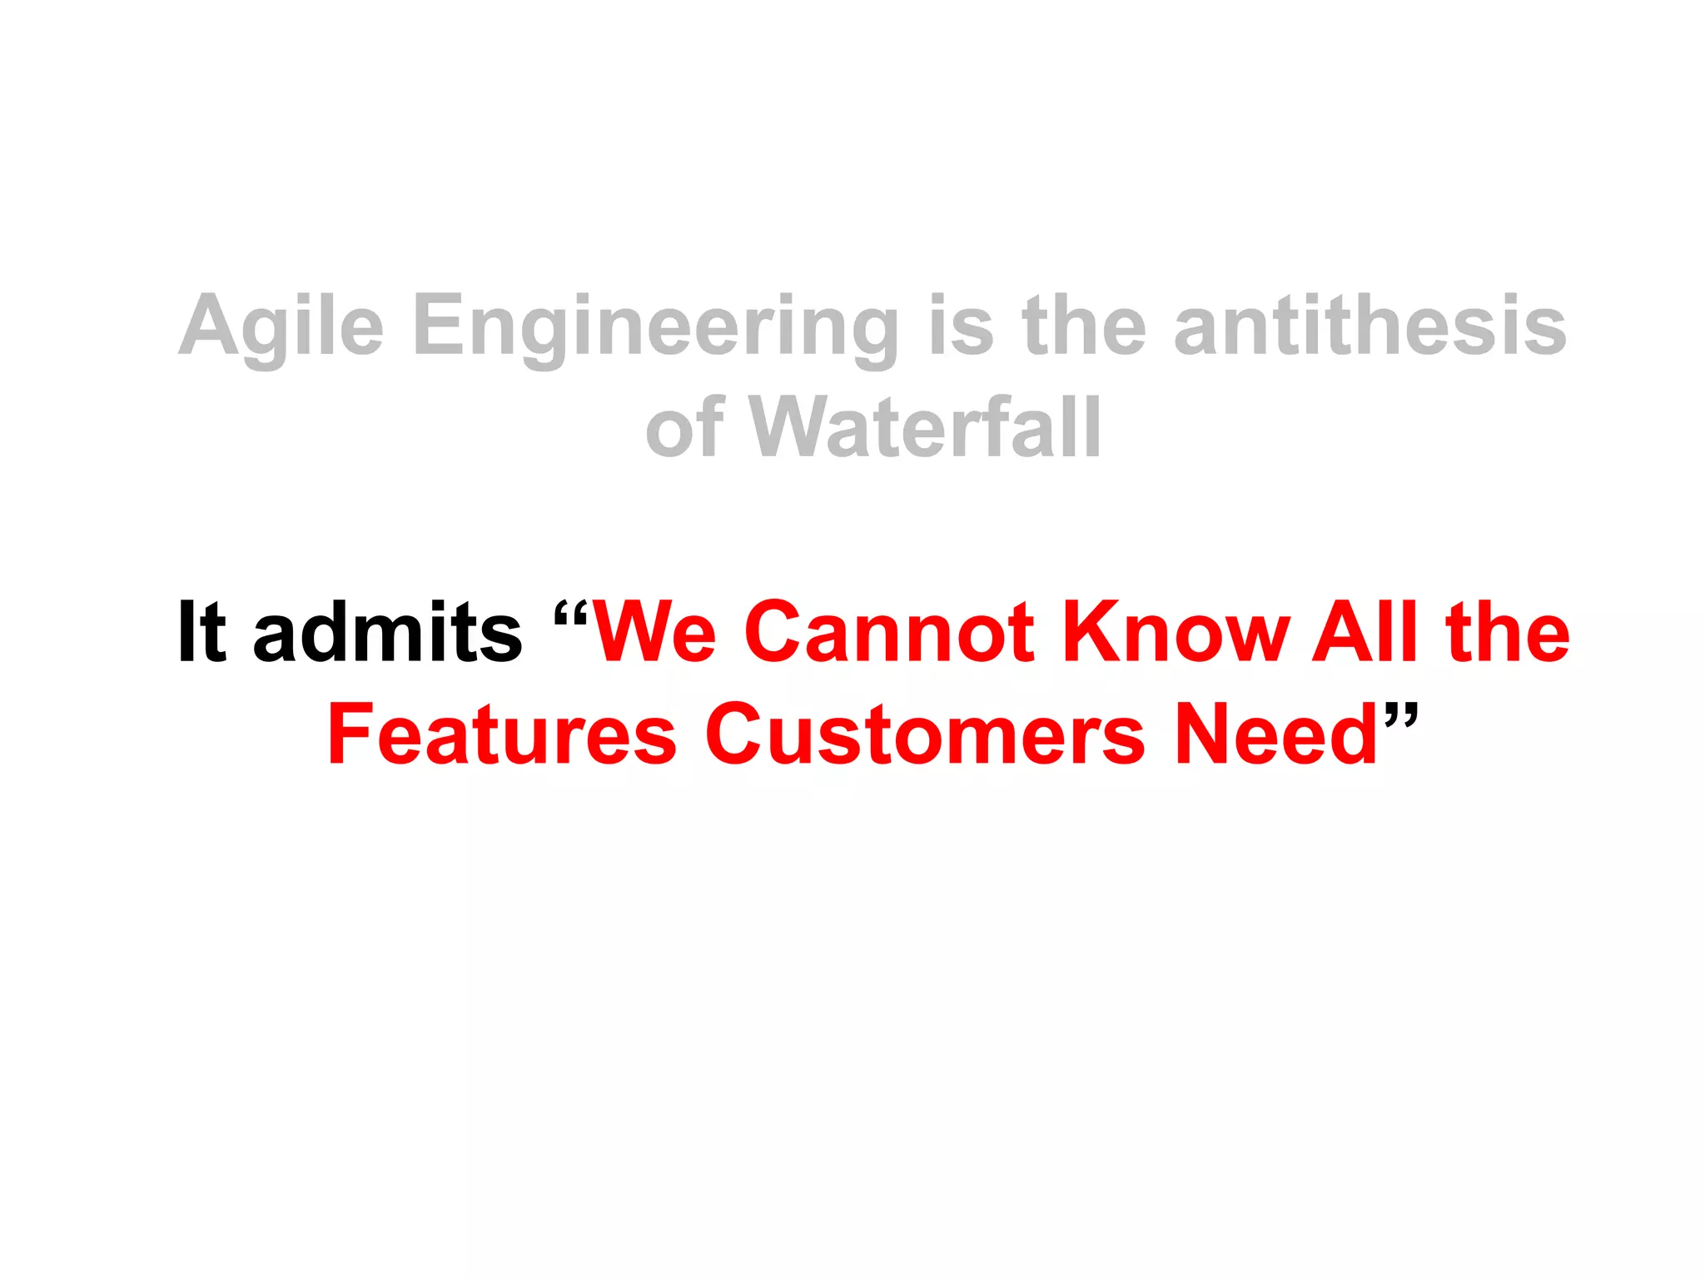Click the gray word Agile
click(281, 327)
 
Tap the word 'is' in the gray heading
click(961, 326)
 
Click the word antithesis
click(1370, 326)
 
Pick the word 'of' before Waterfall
click(684, 428)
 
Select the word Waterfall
click(925, 428)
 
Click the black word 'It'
click(202, 633)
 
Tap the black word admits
click(388, 633)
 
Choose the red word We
click(654, 633)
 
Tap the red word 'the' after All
click(1509, 633)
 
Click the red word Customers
click(926, 734)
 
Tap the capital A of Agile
click(209, 326)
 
